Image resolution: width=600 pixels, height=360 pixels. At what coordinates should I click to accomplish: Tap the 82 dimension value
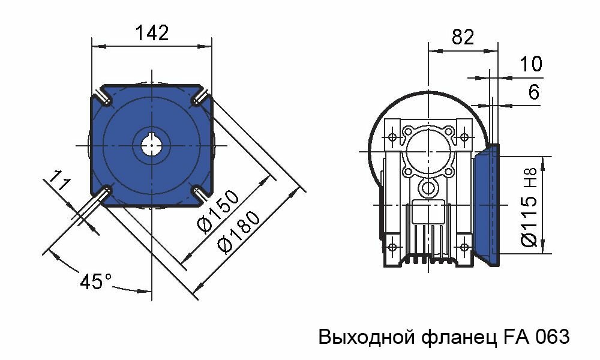[463, 37]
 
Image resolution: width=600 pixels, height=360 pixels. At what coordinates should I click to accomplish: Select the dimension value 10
[530, 64]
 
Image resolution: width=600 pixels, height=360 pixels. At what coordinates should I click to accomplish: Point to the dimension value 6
[533, 92]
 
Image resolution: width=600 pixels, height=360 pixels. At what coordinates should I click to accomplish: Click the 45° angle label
[96, 281]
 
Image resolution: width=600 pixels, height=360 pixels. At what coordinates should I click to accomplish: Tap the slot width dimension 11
[58, 181]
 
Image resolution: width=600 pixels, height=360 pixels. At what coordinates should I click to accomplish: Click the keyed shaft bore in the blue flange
[151, 145]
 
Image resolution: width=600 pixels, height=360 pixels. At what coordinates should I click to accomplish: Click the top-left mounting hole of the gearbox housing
[392, 137]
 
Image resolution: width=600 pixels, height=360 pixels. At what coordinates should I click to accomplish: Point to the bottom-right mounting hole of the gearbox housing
[464, 247]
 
